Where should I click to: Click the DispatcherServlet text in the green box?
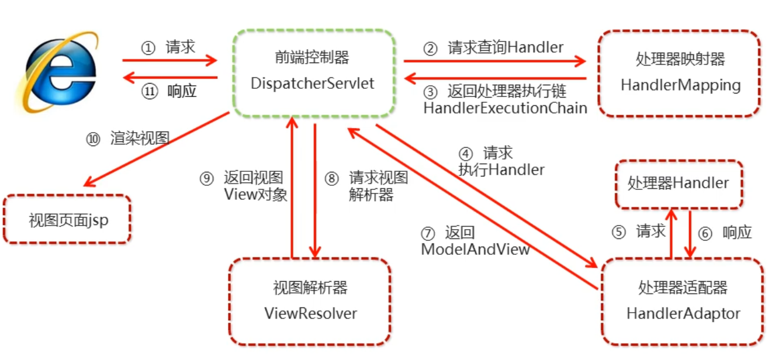point(312,83)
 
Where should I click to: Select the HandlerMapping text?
point(680,85)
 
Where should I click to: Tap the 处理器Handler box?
point(678,184)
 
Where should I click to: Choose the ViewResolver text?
point(310,313)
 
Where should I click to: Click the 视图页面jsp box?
point(67,220)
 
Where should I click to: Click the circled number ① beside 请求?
point(148,48)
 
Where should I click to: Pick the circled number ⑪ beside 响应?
point(150,92)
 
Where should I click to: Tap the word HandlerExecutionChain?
point(505,108)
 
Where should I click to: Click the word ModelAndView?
point(475,249)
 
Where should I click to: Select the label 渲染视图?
point(140,139)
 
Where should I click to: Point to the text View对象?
point(255,195)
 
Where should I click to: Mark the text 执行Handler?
point(501,169)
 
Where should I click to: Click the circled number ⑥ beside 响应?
point(705,233)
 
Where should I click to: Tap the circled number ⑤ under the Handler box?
point(618,232)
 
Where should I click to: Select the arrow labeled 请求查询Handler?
point(494,60)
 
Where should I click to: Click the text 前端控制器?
point(312,57)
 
